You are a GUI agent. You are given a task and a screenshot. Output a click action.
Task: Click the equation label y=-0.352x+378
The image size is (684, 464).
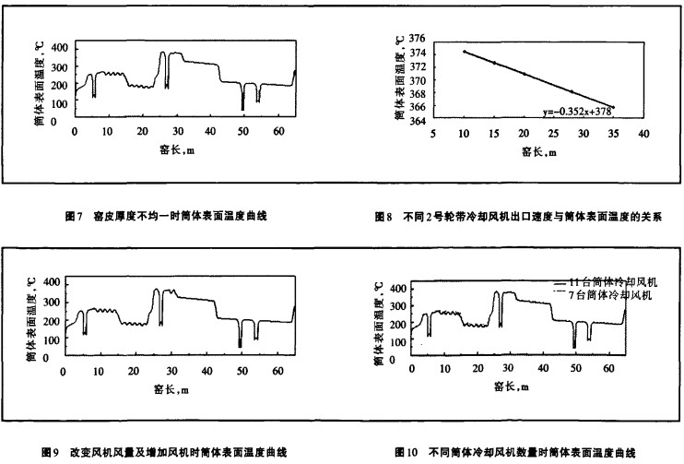click(577, 112)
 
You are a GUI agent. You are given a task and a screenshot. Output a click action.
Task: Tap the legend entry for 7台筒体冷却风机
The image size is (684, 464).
click(605, 295)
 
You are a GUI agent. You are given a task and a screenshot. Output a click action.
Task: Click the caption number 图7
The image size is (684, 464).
click(76, 216)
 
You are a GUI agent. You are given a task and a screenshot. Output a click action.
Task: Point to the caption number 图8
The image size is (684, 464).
click(384, 216)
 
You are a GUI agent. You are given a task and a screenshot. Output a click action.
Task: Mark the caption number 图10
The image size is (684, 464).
click(406, 452)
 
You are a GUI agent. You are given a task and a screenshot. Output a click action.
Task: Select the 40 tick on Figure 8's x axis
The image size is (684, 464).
click(643, 134)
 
